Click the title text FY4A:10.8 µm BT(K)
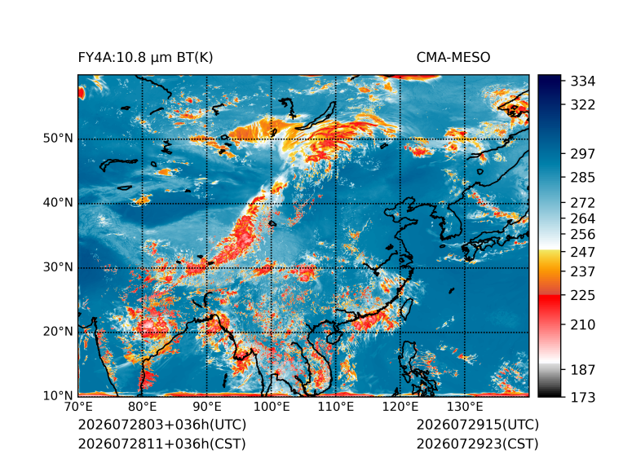click(145, 58)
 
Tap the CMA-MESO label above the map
click(453, 58)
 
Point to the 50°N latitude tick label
click(58, 139)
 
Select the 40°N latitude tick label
click(58, 202)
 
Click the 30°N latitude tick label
click(58, 267)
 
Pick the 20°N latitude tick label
click(58, 331)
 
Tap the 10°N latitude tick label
click(58, 395)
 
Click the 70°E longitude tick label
click(78, 407)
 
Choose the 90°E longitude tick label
click(206, 407)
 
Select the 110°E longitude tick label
click(336, 407)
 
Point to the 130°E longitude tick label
click(465, 407)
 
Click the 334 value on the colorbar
click(583, 82)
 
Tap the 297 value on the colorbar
click(583, 154)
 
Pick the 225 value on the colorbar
click(583, 296)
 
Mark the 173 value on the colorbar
click(583, 397)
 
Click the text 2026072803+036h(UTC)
click(162, 425)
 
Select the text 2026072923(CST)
click(478, 443)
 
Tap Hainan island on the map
click(334, 337)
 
